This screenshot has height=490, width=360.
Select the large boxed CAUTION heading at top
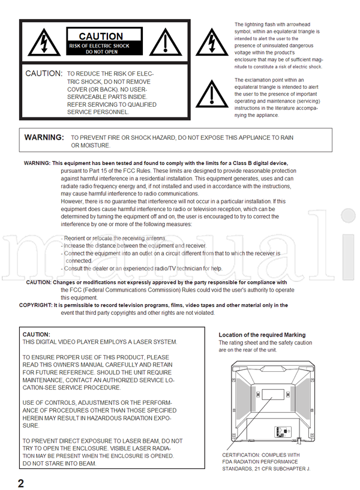coord(101,37)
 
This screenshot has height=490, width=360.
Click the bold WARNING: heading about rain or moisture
coord(44,137)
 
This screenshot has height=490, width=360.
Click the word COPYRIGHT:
coord(35,305)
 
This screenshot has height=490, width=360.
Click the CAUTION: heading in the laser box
coord(36,334)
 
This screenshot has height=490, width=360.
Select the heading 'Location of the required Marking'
coord(262,335)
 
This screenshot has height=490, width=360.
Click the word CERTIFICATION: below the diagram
coord(242,455)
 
